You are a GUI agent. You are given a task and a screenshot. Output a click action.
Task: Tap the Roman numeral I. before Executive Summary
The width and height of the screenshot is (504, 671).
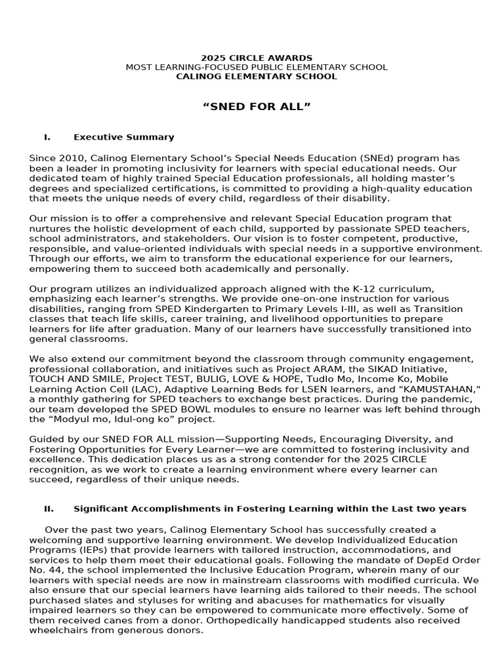pos(47,137)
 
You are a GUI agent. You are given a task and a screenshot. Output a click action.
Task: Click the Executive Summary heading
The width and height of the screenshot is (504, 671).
pos(124,137)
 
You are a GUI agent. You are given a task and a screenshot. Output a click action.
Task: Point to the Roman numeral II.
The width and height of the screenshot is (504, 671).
pos(49,508)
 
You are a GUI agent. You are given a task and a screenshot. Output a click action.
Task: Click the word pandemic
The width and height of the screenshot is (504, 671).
pos(452,398)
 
